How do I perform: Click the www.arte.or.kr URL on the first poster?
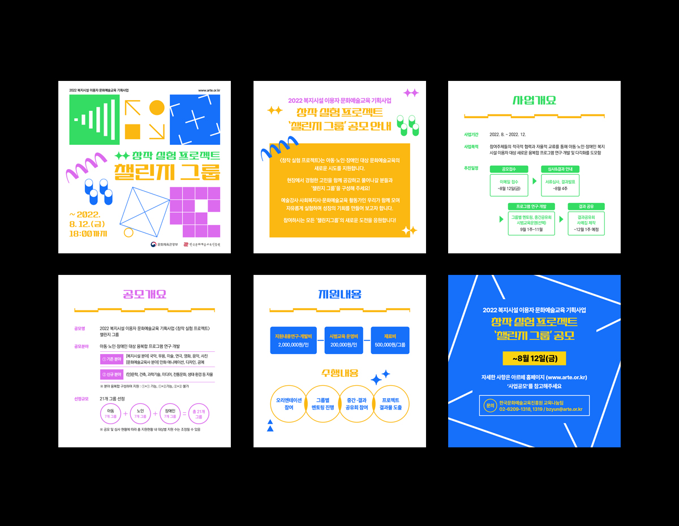pyautogui.click(x=209, y=90)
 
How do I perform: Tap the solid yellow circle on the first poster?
pyautogui.click(x=157, y=107)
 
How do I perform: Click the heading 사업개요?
pyautogui.click(x=534, y=101)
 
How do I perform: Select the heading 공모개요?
pyautogui.click(x=144, y=295)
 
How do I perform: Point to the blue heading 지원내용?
pyautogui.click(x=339, y=294)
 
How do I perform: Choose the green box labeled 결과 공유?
pyautogui.click(x=586, y=206)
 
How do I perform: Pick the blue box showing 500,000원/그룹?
pyautogui.click(x=389, y=340)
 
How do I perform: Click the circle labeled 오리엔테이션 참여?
pyautogui.click(x=289, y=403)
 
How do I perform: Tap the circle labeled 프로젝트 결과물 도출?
pyautogui.click(x=390, y=403)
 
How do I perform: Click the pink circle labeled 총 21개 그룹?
pyautogui.click(x=198, y=414)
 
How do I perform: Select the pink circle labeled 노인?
pyautogui.click(x=140, y=414)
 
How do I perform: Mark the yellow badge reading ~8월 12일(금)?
pyautogui.click(x=534, y=359)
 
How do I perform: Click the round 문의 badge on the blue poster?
pyautogui.click(x=490, y=406)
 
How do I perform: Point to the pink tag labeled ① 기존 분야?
pyautogui.click(x=111, y=359)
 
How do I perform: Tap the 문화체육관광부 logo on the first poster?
pyautogui.click(x=164, y=244)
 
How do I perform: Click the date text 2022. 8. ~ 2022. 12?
pyautogui.click(x=508, y=135)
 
